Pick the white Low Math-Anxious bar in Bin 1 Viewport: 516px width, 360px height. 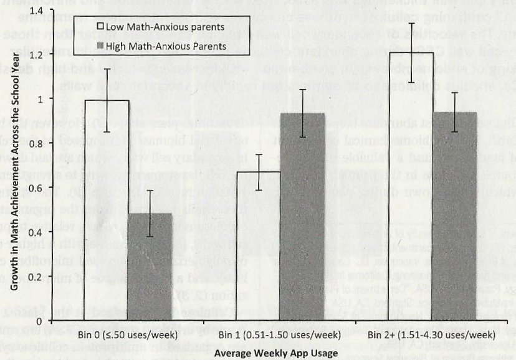(259, 246)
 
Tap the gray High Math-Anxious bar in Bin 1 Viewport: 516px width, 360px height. (302, 218)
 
